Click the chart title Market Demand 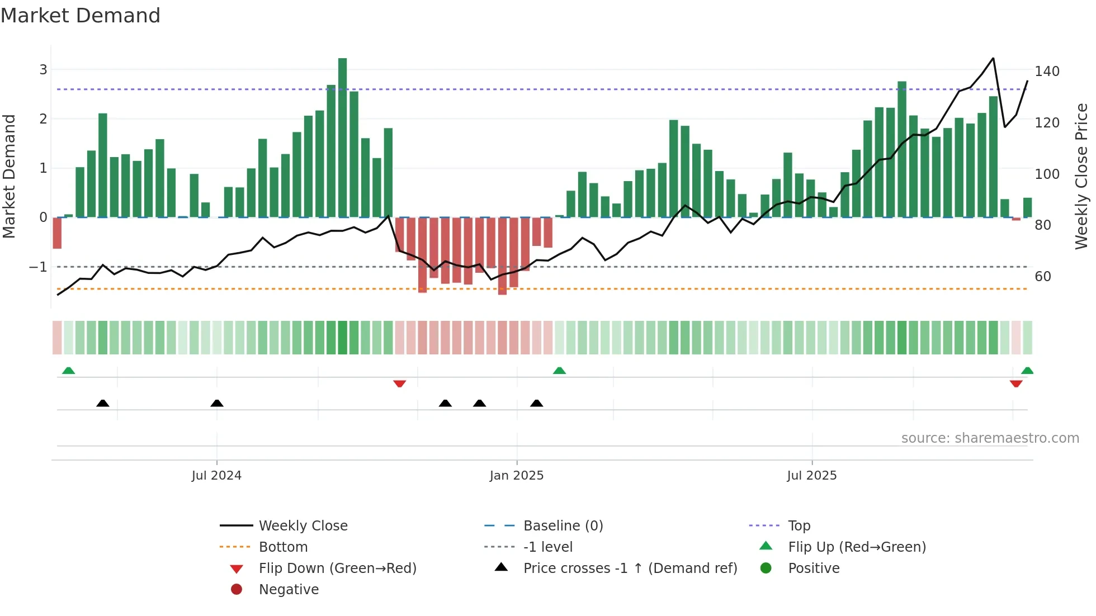tap(81, 16)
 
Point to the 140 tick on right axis tap(1047, 72)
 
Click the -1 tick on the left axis tap(38, 267)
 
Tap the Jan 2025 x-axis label tap(516, 476)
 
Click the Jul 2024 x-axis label tap(216, 476)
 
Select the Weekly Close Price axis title tap(1081, 176)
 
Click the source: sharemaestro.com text tap(990, 438)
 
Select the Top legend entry tap(799, 526)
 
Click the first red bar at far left tap(57, 233)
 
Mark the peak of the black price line tap(993, 58)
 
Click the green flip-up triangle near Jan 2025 tap(559, 371)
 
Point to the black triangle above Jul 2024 tap(217, 403)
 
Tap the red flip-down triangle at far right tap(1016, 384)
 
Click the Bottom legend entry tap(283, 547)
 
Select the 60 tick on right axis tap(1043, 277)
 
